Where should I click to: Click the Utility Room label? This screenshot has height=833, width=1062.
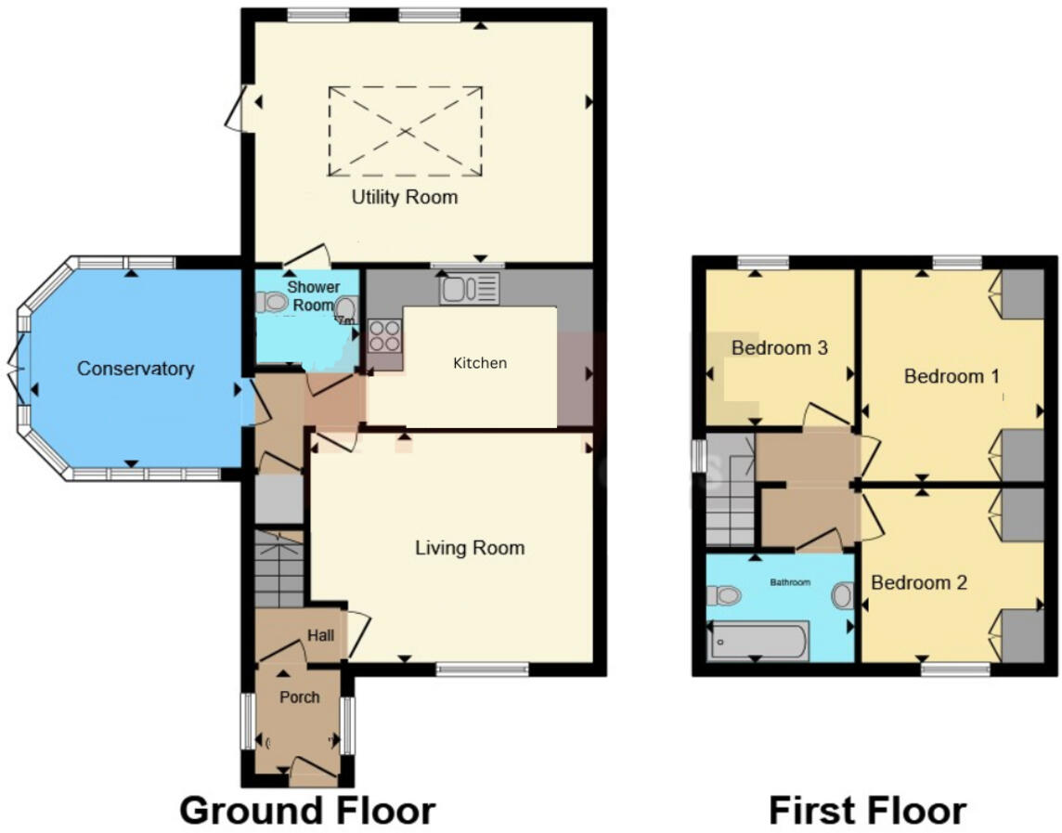404,197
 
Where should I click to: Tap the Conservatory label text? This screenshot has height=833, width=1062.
135,369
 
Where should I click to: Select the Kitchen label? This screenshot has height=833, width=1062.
480,363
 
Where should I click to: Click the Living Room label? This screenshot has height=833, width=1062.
469,548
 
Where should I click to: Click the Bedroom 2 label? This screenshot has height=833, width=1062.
919,583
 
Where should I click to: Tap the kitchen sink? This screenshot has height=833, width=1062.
470,289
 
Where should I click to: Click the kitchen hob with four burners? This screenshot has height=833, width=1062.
385,334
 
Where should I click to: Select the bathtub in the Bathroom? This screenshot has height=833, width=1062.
758,641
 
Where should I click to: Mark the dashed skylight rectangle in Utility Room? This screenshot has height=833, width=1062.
405,130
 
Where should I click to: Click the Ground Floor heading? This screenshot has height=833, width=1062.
306,810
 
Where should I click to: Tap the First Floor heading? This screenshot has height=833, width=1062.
867,810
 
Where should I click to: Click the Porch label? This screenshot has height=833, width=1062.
299,697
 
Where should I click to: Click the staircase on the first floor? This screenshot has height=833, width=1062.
732,501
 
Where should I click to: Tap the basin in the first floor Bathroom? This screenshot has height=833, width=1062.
842,595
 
